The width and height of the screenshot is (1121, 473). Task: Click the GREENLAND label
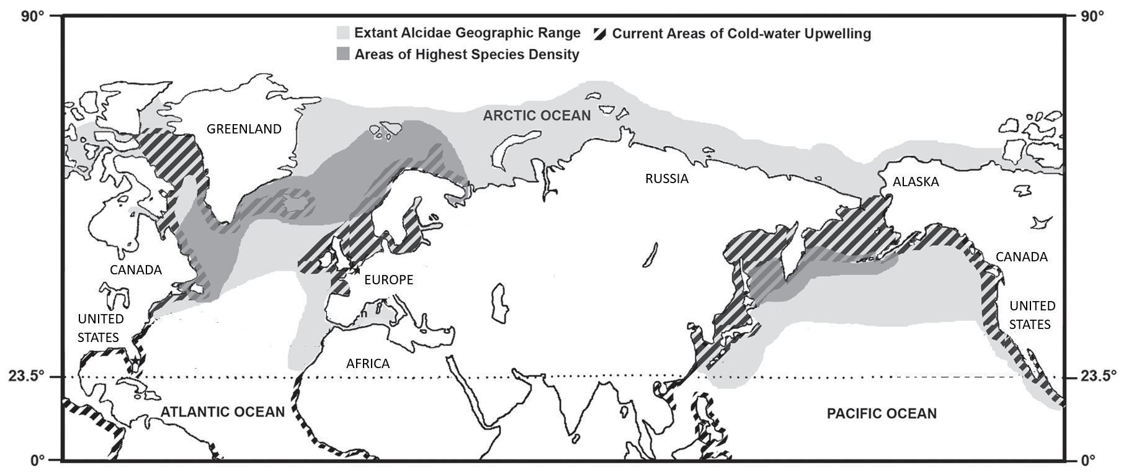(x=244, y=129)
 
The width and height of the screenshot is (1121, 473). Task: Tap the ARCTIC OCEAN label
(x=537, y=115)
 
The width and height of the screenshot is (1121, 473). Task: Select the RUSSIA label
(x=667, y=179)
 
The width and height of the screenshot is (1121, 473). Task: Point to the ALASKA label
(x=915, y=182)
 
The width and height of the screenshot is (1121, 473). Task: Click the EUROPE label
(x=388, y=280)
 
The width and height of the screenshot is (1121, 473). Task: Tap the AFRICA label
(x=368, y=364)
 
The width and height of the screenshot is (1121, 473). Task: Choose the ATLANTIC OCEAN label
(x=223, y=412)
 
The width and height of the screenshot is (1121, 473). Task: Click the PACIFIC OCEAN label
(x=882, y=413)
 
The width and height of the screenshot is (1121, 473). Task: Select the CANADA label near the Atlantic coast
(x=136, y=270)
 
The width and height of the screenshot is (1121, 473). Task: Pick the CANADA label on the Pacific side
(x=1021, y=257)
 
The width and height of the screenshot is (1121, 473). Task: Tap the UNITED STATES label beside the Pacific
(x=1032, y=315)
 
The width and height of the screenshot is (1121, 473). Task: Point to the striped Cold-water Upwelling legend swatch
(x=600, y=34)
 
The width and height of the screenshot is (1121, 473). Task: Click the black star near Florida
(x=135, y=361)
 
